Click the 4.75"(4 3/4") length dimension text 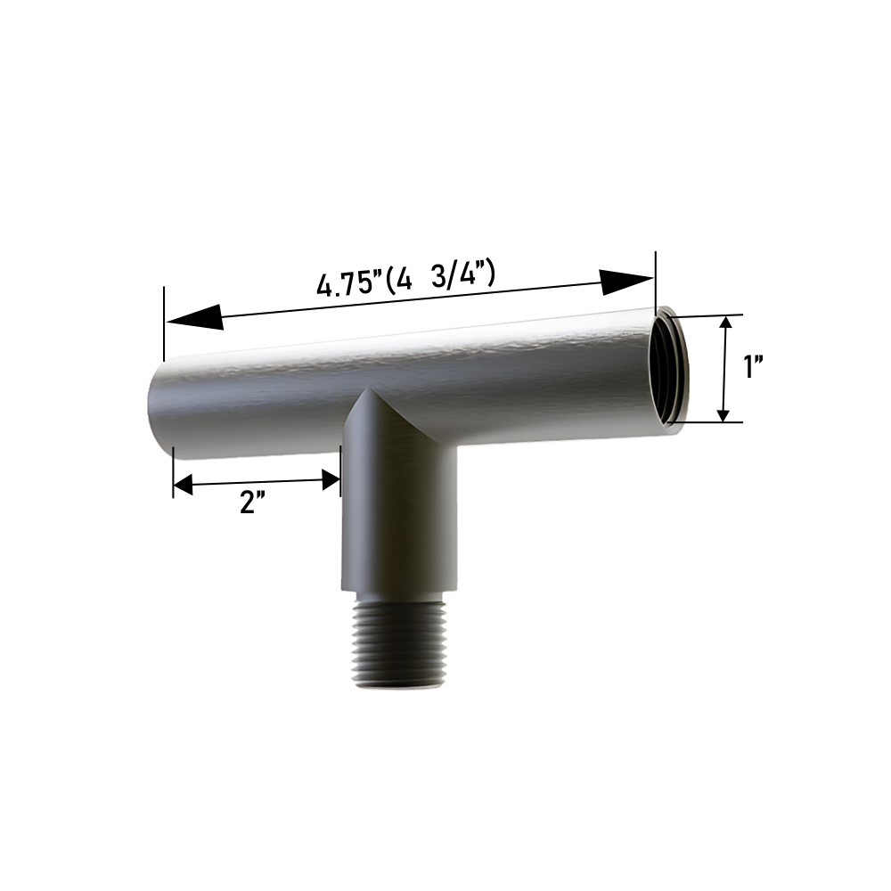pos(405,279)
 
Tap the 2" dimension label pos(252,503)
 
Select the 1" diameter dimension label pos(754,366)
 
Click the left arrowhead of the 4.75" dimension pos(194,318)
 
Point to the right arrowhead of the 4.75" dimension pos(626,281)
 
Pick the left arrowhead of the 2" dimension pos(183,486)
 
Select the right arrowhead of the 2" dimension pos(331,479)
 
